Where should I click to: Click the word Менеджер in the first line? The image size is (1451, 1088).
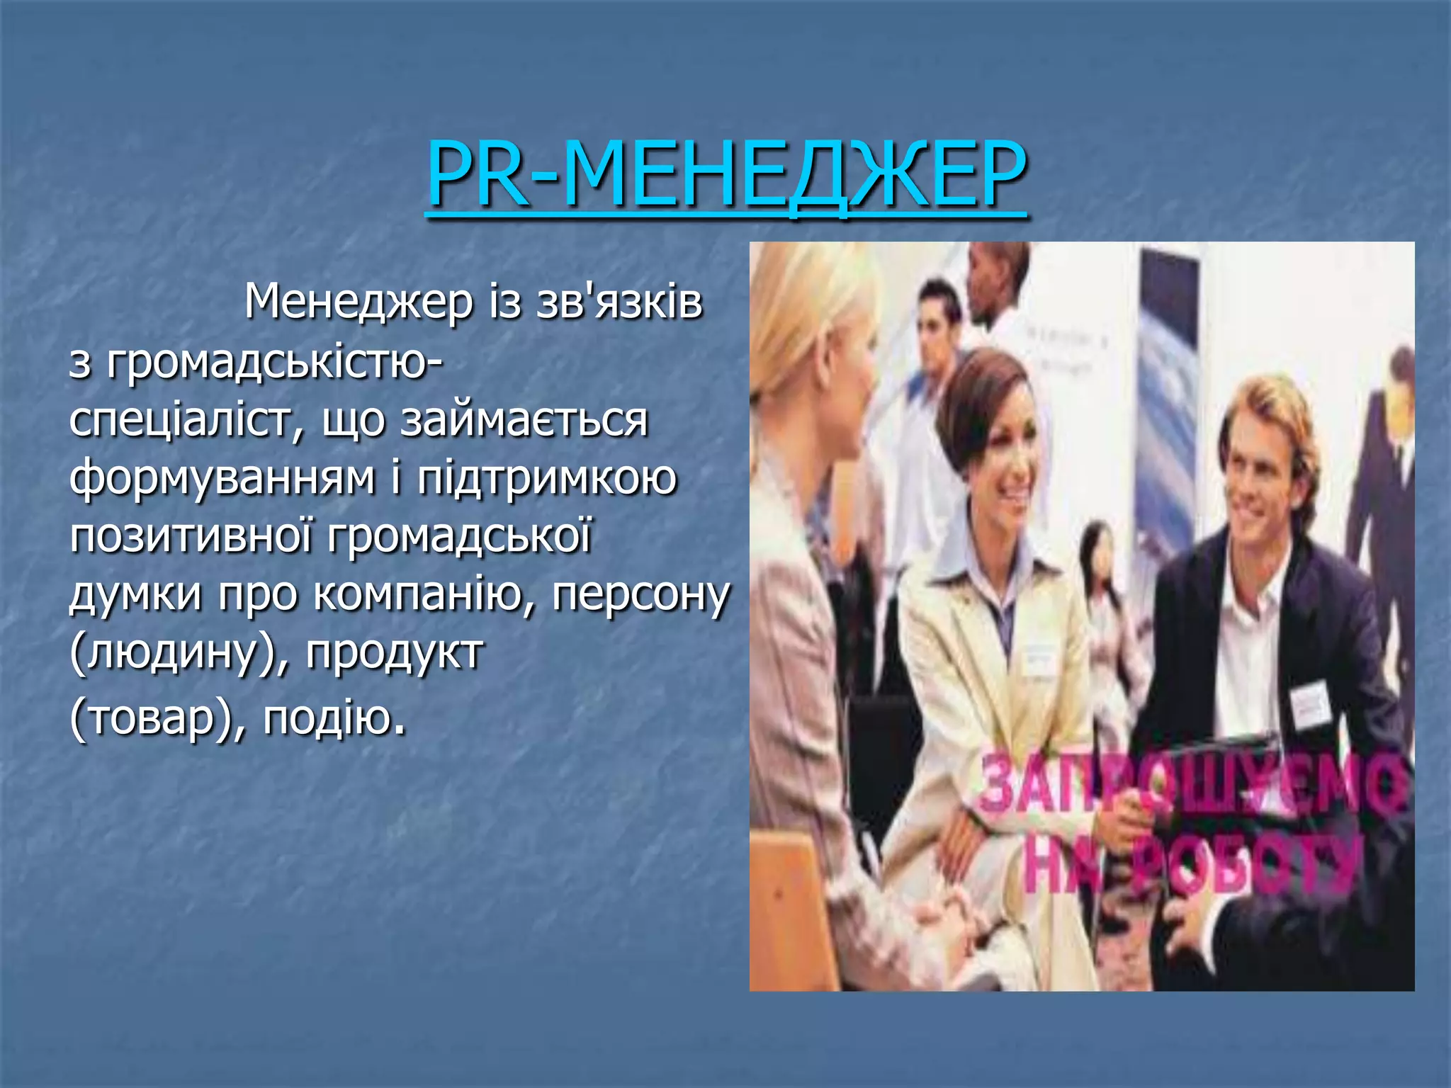(358, 302)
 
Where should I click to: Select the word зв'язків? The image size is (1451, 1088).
(619, 302)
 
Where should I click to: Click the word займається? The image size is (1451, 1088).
(524, 421)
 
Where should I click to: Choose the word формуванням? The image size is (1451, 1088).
(222, 479)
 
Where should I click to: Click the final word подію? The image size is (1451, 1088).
(334, 718)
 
